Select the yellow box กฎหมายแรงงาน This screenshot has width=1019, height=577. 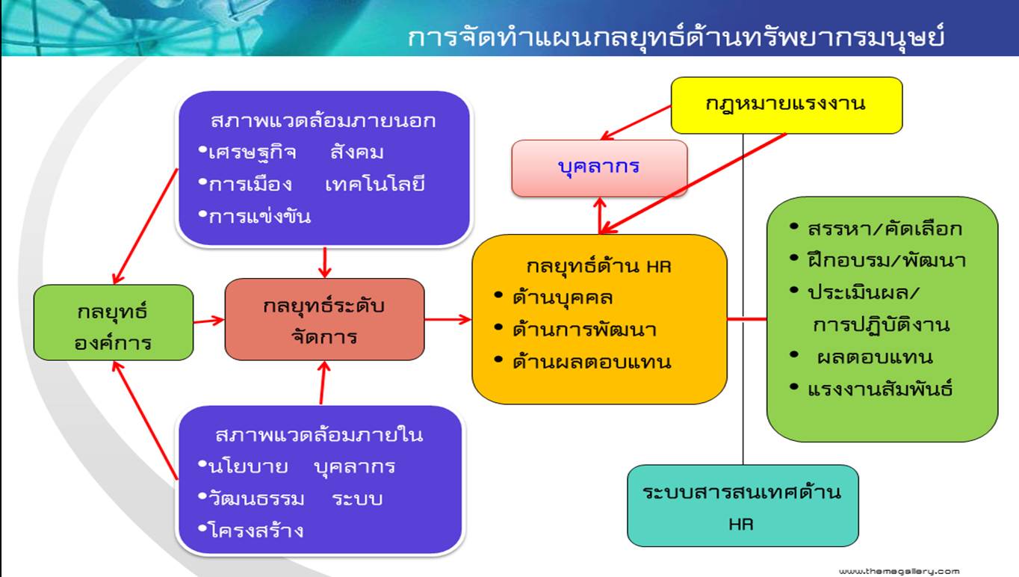pyautogui.click(x=787, y=105)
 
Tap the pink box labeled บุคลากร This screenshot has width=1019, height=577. pyautogui.click(x=599, y=168)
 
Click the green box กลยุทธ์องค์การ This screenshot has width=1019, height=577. pyautogui.click(x=114, y=323)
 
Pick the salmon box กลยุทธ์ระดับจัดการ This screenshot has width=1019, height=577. pyautogui.click(x=324, y=319)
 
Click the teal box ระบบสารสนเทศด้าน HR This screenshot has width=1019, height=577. pyautogui.click(x=743, y=505)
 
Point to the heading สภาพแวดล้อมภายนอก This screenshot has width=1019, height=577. pyautogui.click(x=323, y=121)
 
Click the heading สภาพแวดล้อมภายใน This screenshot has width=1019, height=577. pyautogui.click(x=319, y=436)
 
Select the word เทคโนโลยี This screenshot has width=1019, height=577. pyautogui.click(x=375, y=185)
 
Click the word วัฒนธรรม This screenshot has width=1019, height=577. pyautogui.click(x=256, y=499)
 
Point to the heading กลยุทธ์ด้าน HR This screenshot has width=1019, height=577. pyautogui.click(x=598, y=267)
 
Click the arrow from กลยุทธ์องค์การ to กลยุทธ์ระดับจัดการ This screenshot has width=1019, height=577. pyautogui.click(x=208, y=321)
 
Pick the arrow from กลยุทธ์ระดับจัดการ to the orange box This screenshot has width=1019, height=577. pyautogui.click(x=447, y=319)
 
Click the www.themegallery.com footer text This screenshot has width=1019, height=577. pyautogui.click(x=899, y=572)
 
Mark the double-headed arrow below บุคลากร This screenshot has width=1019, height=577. pyautogui.click(x=600, y=216)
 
